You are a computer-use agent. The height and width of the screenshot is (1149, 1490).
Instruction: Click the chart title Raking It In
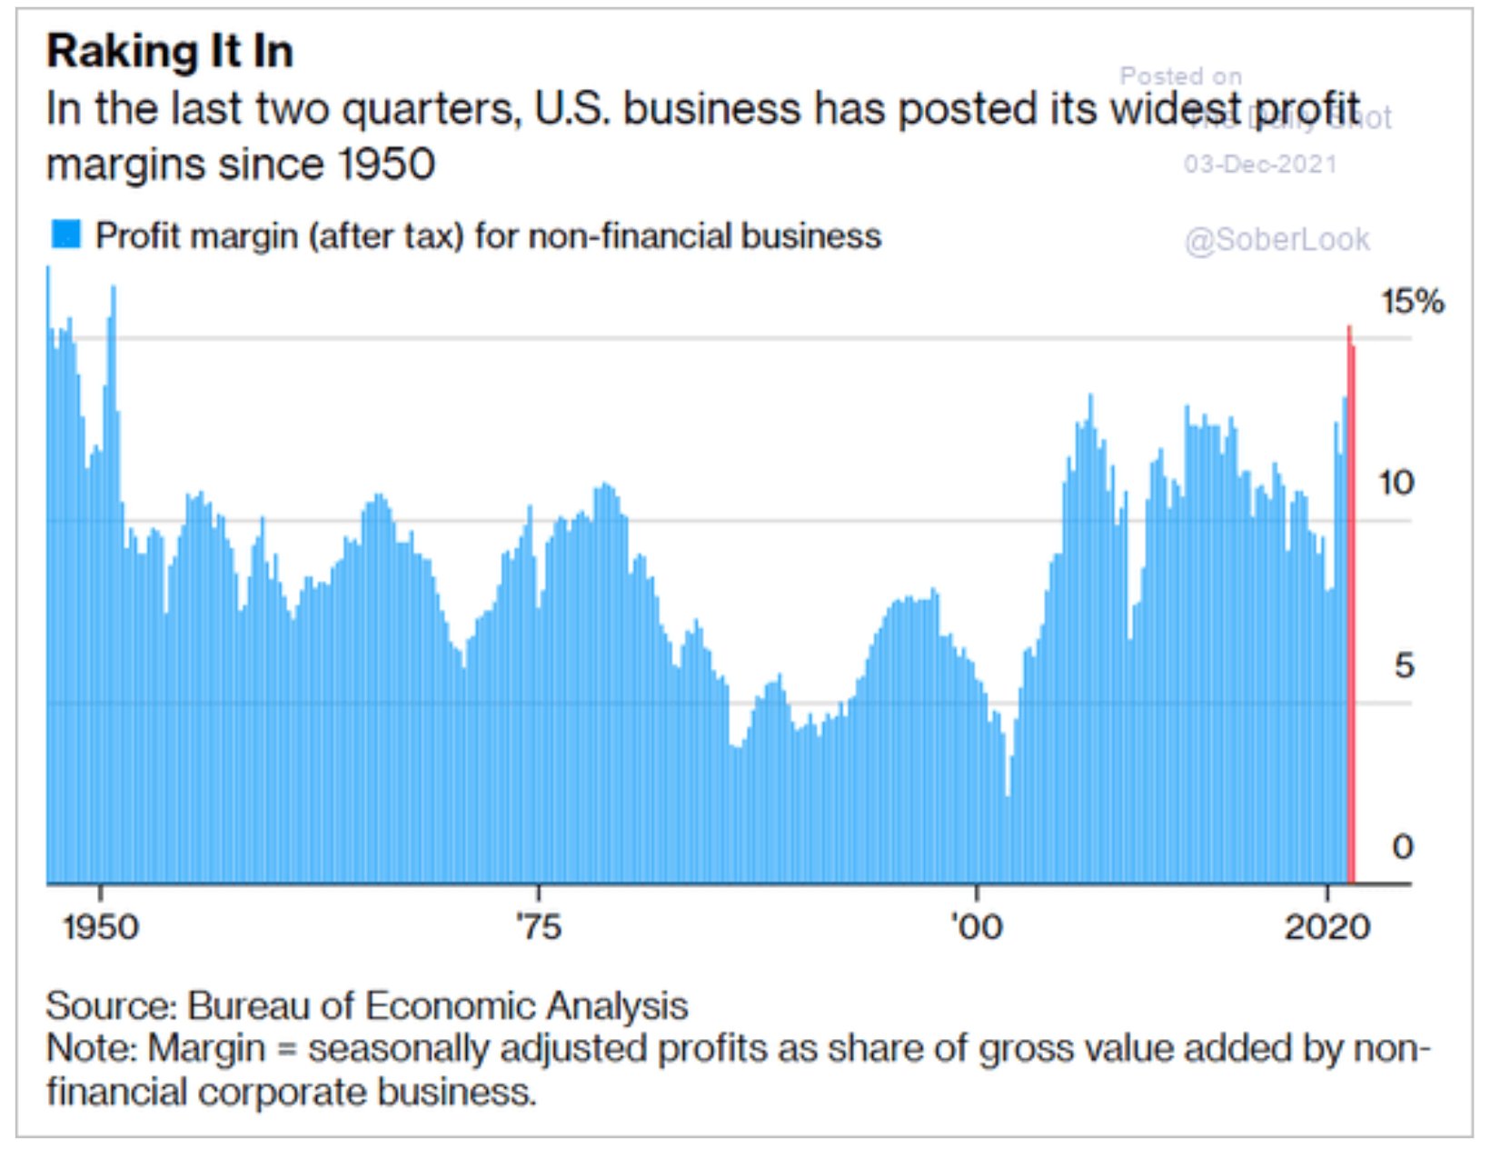point(170,51)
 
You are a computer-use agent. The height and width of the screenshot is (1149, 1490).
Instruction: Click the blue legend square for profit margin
point(66,235)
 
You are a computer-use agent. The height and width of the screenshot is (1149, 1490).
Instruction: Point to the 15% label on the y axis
point(1412,301)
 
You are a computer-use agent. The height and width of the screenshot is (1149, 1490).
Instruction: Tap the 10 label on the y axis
point(1396,483)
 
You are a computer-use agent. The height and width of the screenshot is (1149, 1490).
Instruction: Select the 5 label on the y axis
point(1404,665)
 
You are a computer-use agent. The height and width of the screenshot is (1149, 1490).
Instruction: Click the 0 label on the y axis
point(1403,846)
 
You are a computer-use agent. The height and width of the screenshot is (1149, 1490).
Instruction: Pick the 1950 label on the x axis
point(101,927)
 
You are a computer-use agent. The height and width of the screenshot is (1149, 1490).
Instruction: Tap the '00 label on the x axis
point(977,927)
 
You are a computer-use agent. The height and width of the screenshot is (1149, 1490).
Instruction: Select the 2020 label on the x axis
point(1327,927)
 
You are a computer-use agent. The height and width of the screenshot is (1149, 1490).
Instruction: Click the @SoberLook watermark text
point(1276,239)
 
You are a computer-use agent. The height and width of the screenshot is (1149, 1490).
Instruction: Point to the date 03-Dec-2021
point(1260,165)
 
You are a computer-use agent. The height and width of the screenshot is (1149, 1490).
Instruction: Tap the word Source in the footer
point(109,1006)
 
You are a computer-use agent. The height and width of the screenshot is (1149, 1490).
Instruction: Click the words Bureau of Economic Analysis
point(437,1006)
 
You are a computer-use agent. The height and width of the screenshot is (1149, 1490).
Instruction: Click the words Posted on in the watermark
point(1180,76)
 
